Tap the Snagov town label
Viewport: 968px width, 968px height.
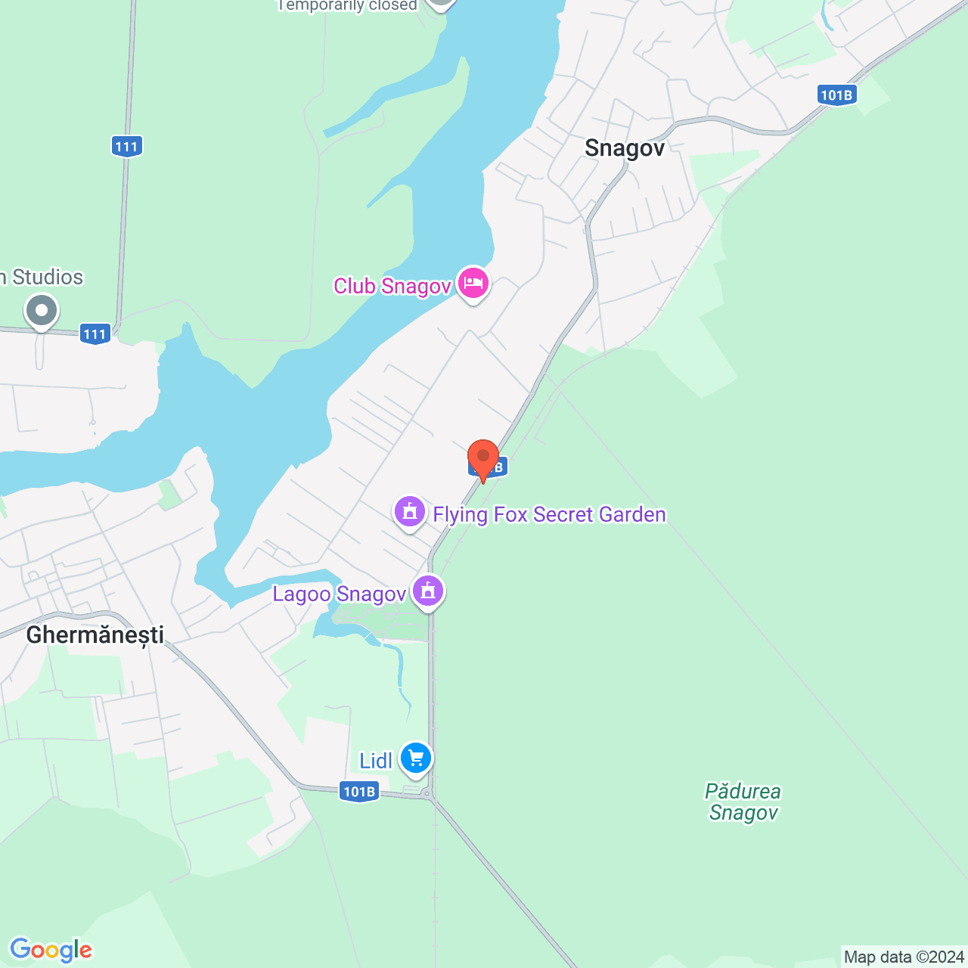click(x=624, y=147)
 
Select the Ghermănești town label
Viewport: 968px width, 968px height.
click(x=95, y=634)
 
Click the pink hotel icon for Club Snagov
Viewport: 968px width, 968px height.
click(x=473, y=284)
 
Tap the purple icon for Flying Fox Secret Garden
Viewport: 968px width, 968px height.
click(x=410, y=512)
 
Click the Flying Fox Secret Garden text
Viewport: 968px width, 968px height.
click(x=549, y=514)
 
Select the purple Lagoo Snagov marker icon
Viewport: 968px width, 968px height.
click(x=428, y=591)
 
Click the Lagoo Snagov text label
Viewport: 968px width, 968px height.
click(x=340, y=594)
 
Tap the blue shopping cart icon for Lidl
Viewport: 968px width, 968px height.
click(x=415, y=757)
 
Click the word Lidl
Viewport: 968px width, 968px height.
click(x=376, y=761)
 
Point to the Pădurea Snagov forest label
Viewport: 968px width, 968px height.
click(x=743, y=802)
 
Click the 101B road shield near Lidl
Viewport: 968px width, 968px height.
click(x=358, y=792)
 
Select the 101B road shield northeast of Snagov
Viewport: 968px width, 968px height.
click(x=836, y=95)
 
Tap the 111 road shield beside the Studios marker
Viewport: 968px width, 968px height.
click(x=95, y=334)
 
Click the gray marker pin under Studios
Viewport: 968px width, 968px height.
click(x=42, y=311)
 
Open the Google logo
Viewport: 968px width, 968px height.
click(x=51, y=950)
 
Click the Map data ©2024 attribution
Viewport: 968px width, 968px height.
click(x=904, y=957)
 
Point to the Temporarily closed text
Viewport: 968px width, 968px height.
click(x=348, y=6)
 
